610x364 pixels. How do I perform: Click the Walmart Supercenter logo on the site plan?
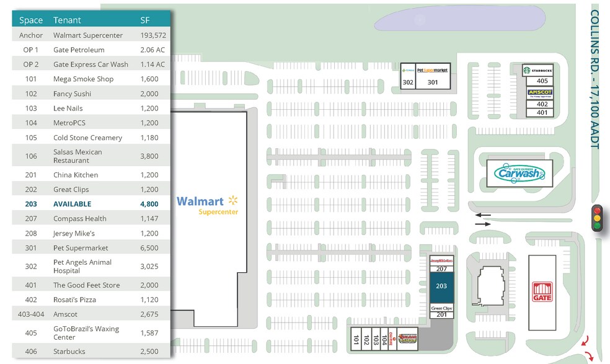(x=207, y=205)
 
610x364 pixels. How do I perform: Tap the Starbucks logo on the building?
(x=537, y=69)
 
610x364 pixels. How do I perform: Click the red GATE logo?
(x=542, y=293)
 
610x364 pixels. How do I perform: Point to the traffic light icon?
(x=598, y=218)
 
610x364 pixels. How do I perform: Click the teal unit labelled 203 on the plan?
(x=441, y=286)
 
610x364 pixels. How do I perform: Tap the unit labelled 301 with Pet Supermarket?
(x=432, y=82)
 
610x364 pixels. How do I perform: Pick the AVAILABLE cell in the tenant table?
(x=72, y=204)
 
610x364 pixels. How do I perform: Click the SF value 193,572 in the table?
(x=152, y=35)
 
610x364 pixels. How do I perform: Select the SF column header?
(x=145, y=20)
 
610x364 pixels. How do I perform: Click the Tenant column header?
(x=67, y=20)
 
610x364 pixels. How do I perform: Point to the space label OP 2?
(x=30, y=64)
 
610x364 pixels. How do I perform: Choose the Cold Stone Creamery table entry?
(x=87, y=138)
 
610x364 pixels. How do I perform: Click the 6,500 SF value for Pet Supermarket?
(x=149, y=248)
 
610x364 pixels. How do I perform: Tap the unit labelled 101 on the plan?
(x=356, y=340)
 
